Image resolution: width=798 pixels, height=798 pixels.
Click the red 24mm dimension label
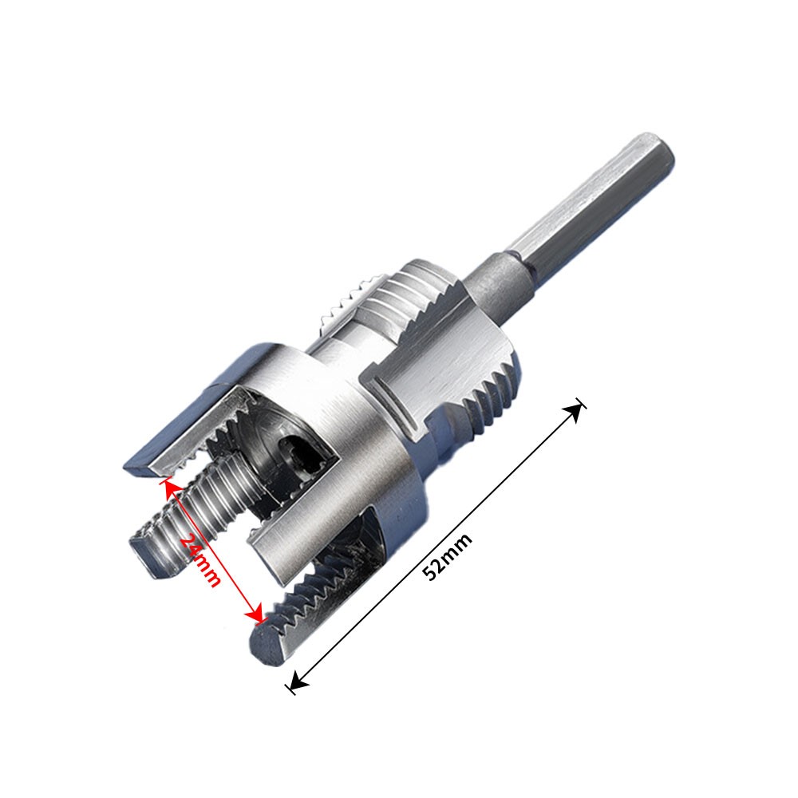tap(200, 560)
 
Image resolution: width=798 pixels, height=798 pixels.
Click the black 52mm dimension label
tap(448, 556)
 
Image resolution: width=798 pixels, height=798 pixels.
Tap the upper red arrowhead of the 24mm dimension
tap(171, 486)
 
